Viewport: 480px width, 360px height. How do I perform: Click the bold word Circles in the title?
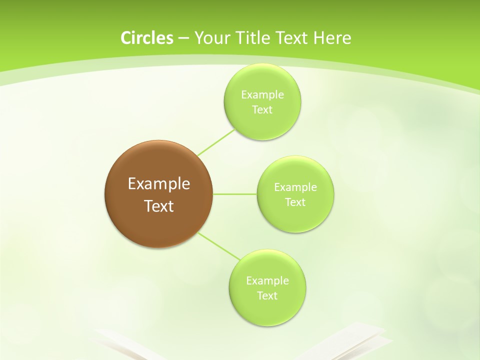[x=147, y=37]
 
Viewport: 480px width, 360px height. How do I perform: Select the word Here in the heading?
[x=332, y=37]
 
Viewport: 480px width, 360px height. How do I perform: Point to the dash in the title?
[x=183, y=38]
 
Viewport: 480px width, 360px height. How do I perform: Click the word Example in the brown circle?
[x=159, y=184]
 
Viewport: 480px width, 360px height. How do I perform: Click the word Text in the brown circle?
[x=159, y=206]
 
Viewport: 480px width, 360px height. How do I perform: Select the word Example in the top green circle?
[x=262, y=94]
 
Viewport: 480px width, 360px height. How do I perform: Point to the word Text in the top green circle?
[x=262, y=109]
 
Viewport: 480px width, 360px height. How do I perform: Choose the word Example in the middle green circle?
[x=295, y=187]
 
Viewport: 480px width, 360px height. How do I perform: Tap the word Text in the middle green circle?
[x=295, y=202]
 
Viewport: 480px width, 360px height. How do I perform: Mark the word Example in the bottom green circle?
[x=267, y=280]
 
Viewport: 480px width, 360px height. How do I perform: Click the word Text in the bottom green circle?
[x=267, y=295]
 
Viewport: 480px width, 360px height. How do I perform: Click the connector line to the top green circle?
[x=216, y=142]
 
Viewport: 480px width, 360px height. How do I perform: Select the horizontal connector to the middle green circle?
[x=235, y=193]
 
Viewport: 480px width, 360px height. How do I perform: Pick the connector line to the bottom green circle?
[x=219, y=245]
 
